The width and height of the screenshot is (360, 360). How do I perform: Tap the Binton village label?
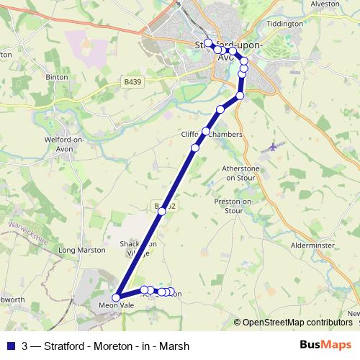click(x=57, y=76)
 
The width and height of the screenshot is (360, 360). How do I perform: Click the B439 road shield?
click(x=132, y=82)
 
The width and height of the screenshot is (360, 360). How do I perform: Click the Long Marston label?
click(x=76, y=250)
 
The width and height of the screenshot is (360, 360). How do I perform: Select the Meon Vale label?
click(x=116, y=305)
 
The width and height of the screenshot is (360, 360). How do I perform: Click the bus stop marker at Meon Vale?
click(x=116, y=296)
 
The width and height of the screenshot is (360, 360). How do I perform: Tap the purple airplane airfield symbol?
click(x=272, y=147)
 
